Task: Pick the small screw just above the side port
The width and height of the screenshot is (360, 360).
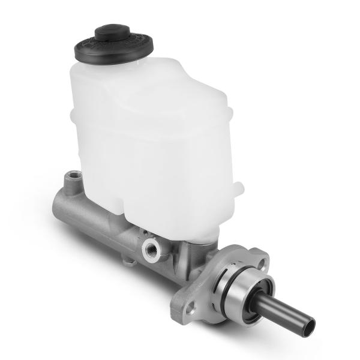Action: [145, 232]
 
